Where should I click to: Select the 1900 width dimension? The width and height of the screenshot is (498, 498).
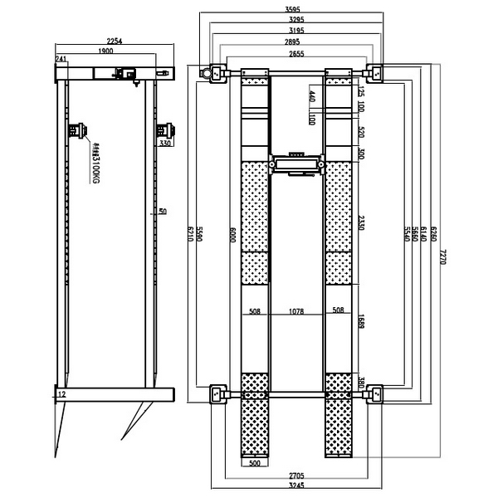105,51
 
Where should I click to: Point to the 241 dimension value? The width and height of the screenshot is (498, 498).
61,59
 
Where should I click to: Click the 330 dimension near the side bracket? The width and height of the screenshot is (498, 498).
165,144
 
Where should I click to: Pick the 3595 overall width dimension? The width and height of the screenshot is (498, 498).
294,11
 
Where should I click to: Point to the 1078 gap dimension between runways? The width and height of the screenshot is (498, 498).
296,312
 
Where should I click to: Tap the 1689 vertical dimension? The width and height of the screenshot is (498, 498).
359,321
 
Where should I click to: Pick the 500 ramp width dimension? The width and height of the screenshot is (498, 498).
255,463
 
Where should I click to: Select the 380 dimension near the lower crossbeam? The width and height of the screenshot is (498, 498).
359,383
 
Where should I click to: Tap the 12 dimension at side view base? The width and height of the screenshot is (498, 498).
62,396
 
